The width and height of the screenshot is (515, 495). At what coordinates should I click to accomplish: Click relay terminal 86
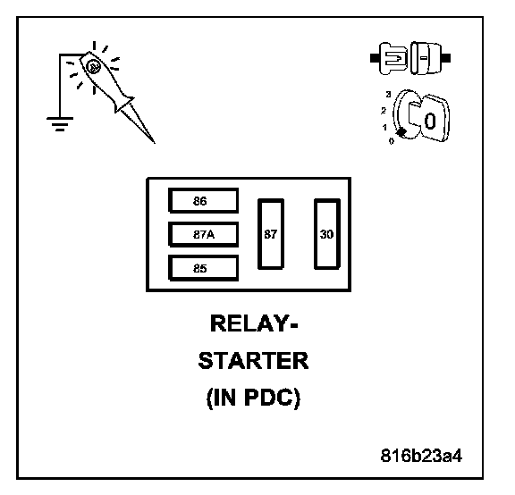click(203, 200)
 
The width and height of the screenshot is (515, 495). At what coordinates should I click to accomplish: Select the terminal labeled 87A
click(203, 234)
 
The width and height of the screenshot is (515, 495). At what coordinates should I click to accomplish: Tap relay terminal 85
click(203, 268)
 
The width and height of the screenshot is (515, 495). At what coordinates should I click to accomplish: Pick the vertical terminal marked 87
click(271, 234)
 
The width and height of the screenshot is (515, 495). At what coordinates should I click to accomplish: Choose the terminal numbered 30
click(327, 234)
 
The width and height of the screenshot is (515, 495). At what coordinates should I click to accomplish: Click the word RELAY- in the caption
click(254, 323)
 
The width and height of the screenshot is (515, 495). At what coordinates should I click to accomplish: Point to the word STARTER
click(253, 361)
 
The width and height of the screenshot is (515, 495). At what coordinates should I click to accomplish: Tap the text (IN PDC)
click(253, 398)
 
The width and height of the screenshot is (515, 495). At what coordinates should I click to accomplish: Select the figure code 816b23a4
click(421, 456)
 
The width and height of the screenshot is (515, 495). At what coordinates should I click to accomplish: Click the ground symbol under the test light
click(60, 123)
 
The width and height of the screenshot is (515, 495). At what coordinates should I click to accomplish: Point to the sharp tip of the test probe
click(155, 143)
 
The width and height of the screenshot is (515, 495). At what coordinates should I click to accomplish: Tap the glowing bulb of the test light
click(93, 67)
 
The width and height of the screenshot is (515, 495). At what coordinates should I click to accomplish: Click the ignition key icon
click(421, 116)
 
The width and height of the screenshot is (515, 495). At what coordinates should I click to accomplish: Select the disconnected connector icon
click(410, 58)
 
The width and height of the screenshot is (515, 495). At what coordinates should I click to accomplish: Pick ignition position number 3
click(389, 94)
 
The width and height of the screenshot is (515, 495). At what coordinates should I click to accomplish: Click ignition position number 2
click(384, 111)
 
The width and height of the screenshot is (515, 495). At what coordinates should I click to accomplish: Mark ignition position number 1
click(384, 127)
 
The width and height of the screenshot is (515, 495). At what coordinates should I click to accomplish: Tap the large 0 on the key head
click(430, 122)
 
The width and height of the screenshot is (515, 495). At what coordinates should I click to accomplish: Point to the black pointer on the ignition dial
click(401, 132)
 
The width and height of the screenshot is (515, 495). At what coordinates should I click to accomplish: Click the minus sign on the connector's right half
click(424, 58)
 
